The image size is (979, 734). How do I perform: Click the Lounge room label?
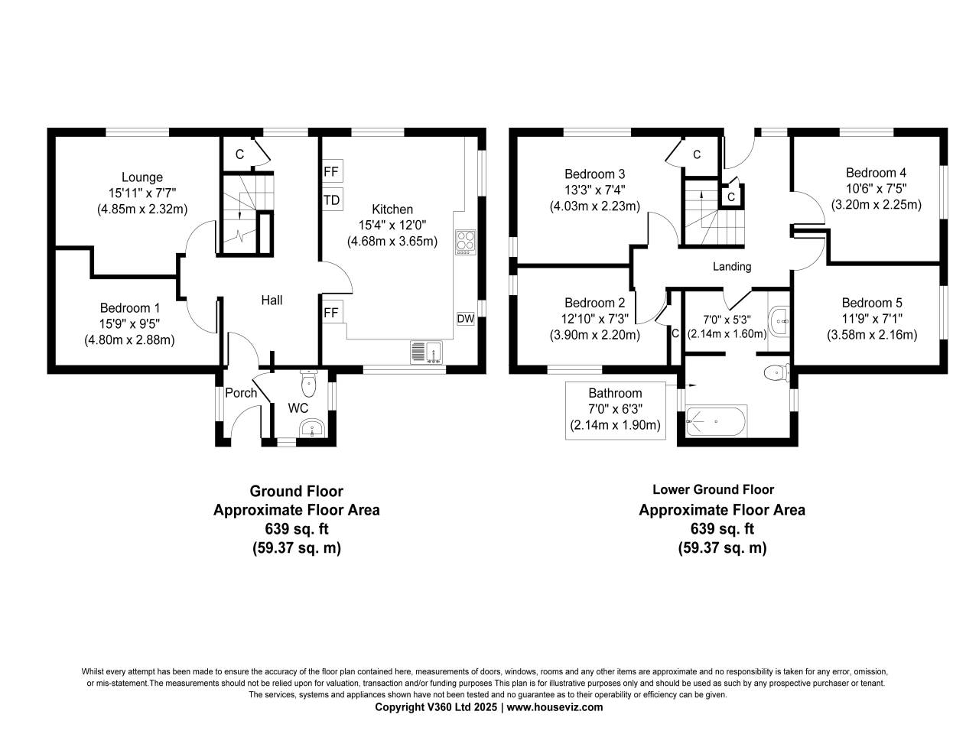[x=142, y=177]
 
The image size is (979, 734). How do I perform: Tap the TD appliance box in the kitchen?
[x=332, y=200]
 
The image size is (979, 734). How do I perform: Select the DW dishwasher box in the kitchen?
[x=465, y=319]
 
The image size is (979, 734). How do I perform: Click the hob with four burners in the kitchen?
[x=465, y=242]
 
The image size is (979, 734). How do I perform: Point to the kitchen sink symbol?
[x=424, y=351]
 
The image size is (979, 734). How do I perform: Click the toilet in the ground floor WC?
[x=310, y=382]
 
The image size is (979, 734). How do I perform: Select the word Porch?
[x=242, y=393]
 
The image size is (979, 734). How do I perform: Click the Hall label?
[x=272, y=300]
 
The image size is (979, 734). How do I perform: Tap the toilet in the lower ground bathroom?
[x=776, y=373]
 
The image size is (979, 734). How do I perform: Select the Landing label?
[x=732, y=267]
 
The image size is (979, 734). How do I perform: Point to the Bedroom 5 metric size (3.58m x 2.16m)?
[x=872, y=335]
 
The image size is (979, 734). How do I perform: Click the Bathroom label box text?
[x=615, y=393]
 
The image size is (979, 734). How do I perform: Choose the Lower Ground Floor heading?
[x=713, y=490]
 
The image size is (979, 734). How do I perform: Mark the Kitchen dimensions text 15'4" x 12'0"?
[x=392, y=226]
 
